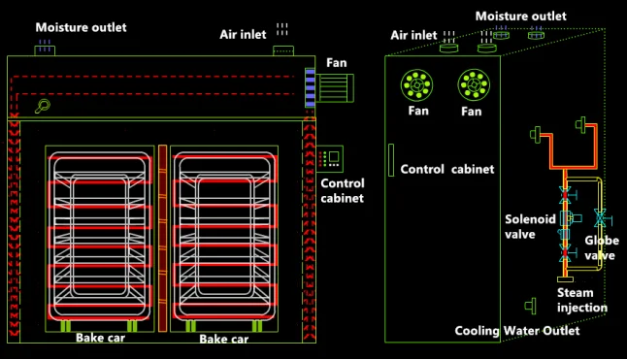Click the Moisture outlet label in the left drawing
82,27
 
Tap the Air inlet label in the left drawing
242,35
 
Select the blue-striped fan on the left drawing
311,86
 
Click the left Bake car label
103,339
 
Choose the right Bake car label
224,340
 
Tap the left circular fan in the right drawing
417,87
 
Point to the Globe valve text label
602,248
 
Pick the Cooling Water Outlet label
517,331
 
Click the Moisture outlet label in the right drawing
521,16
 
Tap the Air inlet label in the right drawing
414,35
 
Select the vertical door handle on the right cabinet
390,161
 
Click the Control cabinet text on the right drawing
447,169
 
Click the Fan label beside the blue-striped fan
337,63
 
